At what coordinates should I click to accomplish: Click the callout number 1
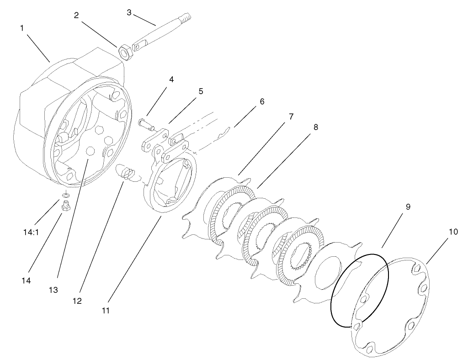[x=21, y=28]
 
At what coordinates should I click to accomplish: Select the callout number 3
[x=129, y=12]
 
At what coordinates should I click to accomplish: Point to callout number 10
[x=453, y=232]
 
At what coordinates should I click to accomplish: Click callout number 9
[x=408, y=207]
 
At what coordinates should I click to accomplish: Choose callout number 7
[x=291, y=117]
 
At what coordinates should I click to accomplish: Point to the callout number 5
[x=201, y=91]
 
